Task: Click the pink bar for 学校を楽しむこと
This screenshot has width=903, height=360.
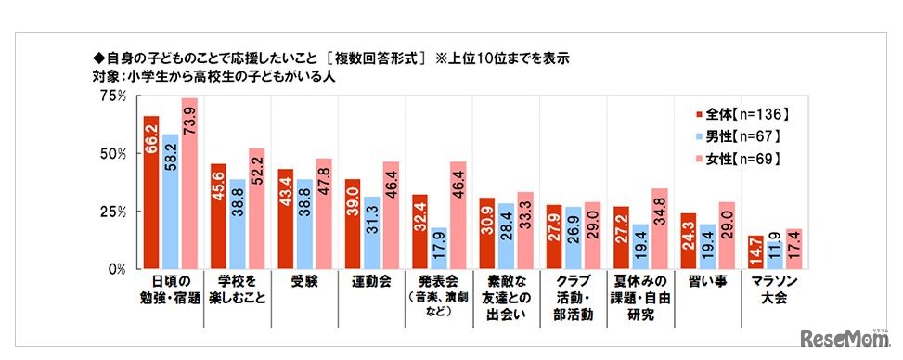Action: [x=256, y=208]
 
